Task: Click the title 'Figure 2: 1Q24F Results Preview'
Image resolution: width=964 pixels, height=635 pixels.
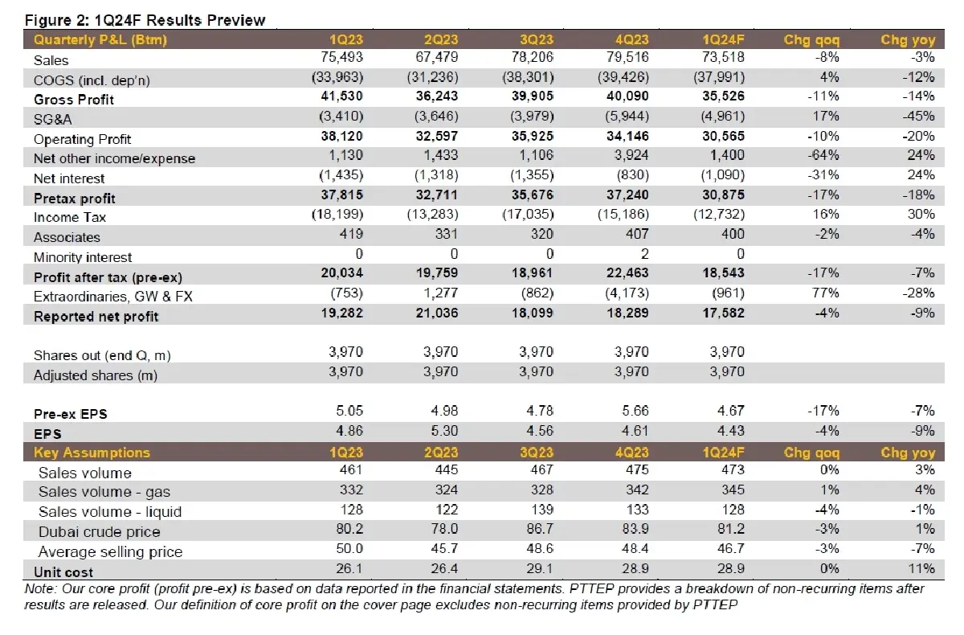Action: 145,20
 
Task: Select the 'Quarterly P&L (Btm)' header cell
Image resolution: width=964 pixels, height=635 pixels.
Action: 100,39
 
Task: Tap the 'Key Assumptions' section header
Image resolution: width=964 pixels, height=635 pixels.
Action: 92,453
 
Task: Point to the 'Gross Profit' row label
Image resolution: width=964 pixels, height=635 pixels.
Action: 74,100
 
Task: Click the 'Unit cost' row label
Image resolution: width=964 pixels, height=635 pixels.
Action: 63,572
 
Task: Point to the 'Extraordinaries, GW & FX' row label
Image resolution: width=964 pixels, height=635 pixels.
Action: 113,297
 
